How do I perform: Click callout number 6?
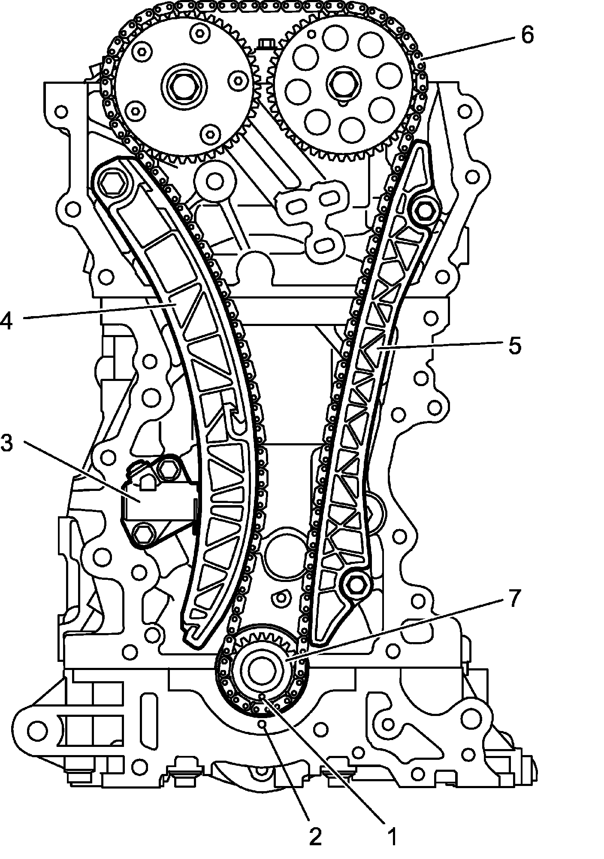pos(527,34)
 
